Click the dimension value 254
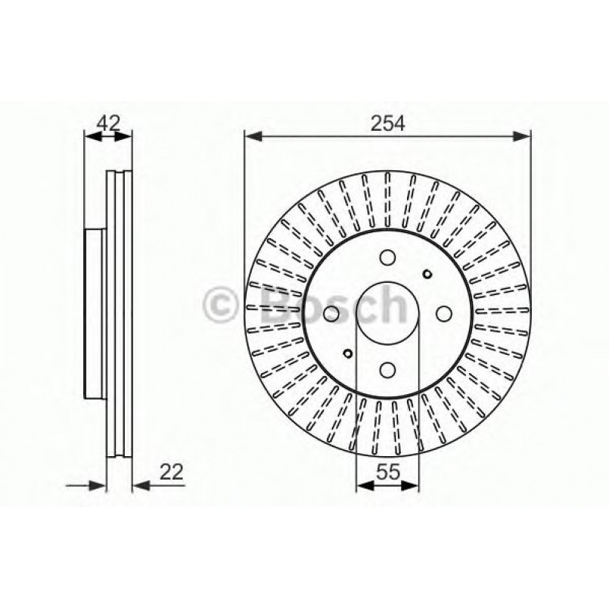387,123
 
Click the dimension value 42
108,123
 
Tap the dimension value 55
387,471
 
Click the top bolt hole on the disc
387,257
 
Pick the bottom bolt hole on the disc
387,369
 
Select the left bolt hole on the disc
331,314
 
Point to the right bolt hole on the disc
443,314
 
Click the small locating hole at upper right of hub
427,274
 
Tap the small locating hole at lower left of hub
348,353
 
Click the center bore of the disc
387,313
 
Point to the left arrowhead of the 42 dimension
90,137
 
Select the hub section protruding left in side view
94,313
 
